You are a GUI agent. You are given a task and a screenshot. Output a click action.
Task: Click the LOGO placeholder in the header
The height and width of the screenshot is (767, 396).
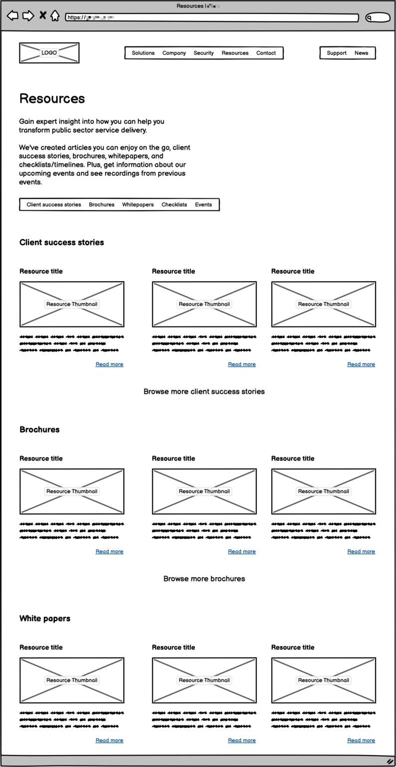point(49,53)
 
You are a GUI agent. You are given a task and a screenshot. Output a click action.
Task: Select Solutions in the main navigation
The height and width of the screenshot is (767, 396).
point(143,53)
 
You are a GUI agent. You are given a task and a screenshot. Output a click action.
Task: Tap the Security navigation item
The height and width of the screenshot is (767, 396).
point(203,53)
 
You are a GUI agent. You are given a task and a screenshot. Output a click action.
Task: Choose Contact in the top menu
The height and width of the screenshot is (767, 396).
point(266,53)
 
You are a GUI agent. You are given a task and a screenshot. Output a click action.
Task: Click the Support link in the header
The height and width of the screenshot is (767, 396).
point(337,53)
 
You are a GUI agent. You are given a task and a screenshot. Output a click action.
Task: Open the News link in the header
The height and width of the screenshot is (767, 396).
point(361,53)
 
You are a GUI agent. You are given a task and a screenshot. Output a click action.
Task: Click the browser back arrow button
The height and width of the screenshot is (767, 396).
point(12,16)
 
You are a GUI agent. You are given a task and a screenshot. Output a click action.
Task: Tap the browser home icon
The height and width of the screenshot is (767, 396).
point(55,16)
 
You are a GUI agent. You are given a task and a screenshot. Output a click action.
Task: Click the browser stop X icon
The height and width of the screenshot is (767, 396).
point(42,15)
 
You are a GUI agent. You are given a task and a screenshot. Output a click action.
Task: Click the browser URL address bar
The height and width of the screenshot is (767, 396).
point(212,17)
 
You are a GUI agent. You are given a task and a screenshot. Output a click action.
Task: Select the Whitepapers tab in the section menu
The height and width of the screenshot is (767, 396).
point(138,205)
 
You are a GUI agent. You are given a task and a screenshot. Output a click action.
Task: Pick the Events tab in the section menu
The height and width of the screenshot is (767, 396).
point(203,205)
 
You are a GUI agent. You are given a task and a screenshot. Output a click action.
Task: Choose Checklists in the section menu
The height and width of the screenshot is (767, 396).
point(174,205)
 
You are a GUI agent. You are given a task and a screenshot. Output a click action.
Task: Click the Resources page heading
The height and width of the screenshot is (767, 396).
point(52,98)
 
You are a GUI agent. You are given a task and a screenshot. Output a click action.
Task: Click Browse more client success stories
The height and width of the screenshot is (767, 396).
point(204,391)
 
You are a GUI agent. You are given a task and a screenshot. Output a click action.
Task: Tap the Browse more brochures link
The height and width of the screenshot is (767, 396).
point(204,579)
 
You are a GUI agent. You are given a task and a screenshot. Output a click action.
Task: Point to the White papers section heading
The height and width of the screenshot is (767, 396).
point(45,618)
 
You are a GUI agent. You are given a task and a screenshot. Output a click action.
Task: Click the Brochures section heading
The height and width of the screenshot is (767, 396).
point(39,429)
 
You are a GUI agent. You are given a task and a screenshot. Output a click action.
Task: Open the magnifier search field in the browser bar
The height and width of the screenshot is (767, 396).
point(378,17)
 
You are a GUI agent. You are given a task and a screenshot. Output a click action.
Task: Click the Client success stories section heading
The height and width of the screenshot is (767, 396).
point(62,242)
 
